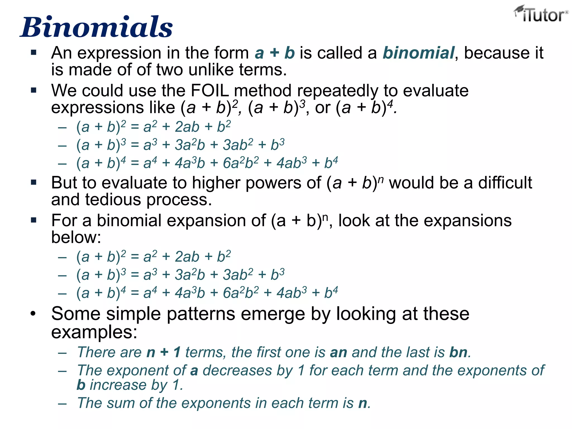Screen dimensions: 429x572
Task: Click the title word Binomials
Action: [97, 27]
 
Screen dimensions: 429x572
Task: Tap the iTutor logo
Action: [540, 15]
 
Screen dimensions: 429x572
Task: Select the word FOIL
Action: [209, 90]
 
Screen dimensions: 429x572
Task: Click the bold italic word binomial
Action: [418, 53]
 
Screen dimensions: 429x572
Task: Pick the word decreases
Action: [237, 371]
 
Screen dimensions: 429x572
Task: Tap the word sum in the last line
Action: [121, 403]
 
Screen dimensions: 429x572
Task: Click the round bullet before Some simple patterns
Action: [33, 314]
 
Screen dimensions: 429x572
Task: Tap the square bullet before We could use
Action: [34, 90]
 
